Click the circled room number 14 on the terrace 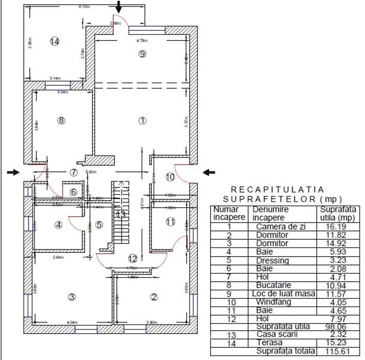click(x=55, y=41)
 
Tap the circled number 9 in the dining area click(x=142, y=54)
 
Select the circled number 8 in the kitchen click(x=61, y=120)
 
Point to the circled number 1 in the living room click(x=142, y=120)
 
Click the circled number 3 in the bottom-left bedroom click(x=72, y=297)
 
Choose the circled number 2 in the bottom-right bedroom click(x=154, y=297)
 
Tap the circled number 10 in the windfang click(x=170, y=177)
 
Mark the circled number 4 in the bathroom click(x=59, y=225)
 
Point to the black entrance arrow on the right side click(x=209, y=172)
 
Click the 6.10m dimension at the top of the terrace click(x=84, y=7)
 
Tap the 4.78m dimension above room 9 click(x=142, y=40)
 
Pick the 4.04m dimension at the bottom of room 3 click(x=72, y=322)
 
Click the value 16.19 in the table click(x=338, y=226)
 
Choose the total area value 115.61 click(x=338, y=351)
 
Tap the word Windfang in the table click(x=273, y=302)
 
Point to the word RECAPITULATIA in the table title click(x=278, y=190)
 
